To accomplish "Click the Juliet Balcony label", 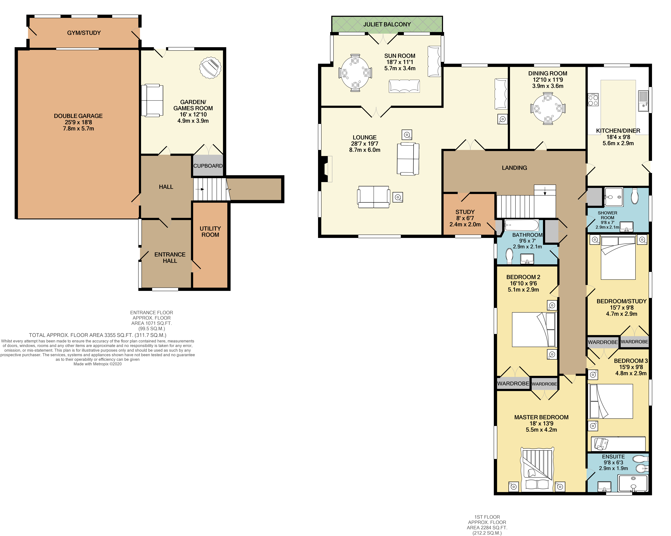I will pos(387,24).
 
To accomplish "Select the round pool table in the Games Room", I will pos(210,68).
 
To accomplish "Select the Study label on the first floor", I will pos(465,212).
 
